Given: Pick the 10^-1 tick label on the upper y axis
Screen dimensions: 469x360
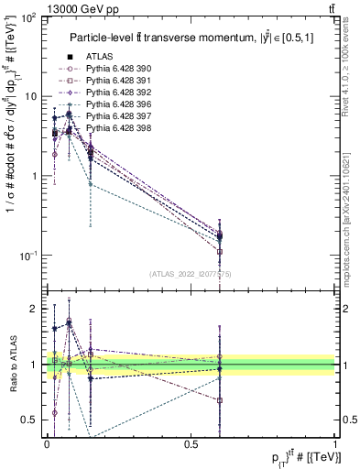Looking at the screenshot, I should [27, 255].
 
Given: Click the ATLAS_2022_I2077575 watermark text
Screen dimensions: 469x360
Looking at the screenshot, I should [191, 274].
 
